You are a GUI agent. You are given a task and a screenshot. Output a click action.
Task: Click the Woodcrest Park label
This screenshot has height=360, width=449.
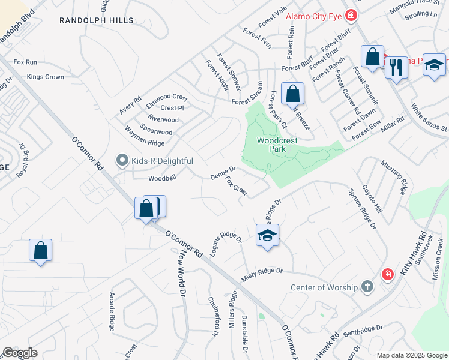277,144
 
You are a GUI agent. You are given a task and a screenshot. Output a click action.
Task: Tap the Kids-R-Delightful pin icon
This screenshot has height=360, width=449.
122,160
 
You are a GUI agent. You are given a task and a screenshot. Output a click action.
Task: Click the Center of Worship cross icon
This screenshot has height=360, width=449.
367,287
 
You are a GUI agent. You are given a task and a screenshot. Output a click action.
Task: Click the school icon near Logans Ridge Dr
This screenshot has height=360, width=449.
267,235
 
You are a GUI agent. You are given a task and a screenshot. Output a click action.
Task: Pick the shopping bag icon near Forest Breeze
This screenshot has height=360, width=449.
292,94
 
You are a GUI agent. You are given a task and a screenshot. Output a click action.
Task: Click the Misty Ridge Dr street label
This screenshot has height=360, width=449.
262,274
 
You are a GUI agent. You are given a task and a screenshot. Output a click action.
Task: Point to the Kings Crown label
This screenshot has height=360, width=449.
46,77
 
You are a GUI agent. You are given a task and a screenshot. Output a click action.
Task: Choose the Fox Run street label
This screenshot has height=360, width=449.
25,62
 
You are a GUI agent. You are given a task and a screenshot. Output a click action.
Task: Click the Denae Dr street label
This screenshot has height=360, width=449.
223,173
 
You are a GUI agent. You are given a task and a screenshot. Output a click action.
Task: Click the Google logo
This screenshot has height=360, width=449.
20,353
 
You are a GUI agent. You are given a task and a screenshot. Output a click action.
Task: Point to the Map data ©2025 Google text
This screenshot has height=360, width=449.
411,355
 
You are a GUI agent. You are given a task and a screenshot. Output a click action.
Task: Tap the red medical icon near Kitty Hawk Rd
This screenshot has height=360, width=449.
388,275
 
